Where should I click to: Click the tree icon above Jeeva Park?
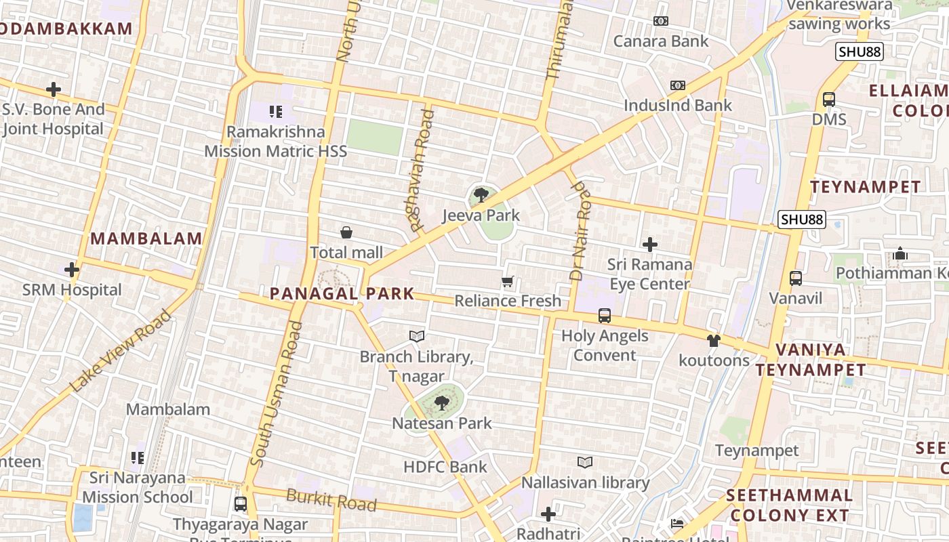pyautogui.click(x=481, y=195)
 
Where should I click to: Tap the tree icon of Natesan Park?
pyautogui.click(x=442, y=403)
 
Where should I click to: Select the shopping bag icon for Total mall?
pyautogui.click(x=346, y=232)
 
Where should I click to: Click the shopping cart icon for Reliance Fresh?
pyautogui.click(x=508, y=281)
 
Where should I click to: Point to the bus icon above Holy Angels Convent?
pyautogui.click(x=604, y=316)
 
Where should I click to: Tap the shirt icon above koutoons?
pyautogui.click(x=713, y=340)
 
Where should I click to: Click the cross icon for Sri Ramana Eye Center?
pyautogui.click(x=650, y=244)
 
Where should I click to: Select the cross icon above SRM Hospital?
pyautogui.click(x=72, y=270)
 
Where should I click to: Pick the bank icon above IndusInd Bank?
pyautogui.click(x=678, y=85)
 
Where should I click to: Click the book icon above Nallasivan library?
pyautogui.click(x=585, y=462)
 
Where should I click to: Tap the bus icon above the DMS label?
pyautogui.click(x=829, y=100)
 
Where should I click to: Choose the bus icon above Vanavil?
pyautogui.click(x=796, y=278)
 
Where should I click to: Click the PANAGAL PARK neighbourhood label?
pyautogui.click(x=342, y=293)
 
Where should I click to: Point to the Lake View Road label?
pyautogui.click(x=121, y=350)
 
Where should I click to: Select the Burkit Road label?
pyautogui.click(x=331, y=499)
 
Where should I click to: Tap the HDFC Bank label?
pyautogui.click(x=445, y=467)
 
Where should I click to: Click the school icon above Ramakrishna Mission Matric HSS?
pyautogui.click(x=275, y=111)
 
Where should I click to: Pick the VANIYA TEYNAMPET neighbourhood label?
pyautogui.click(x=811, y=360)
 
